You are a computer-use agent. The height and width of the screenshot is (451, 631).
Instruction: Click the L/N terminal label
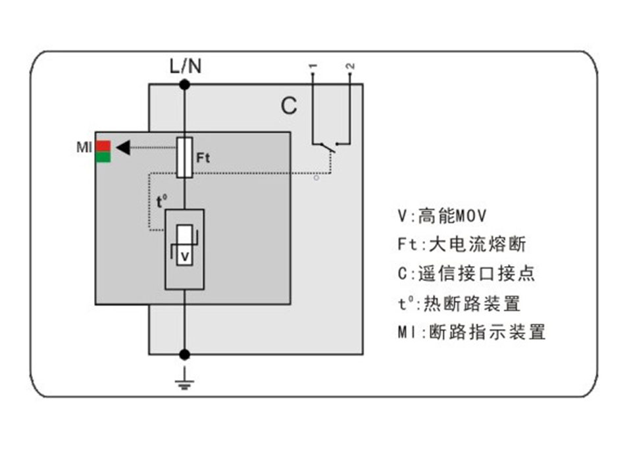pos(186,66)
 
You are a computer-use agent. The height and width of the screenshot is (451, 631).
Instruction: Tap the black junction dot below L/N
pos(185,84)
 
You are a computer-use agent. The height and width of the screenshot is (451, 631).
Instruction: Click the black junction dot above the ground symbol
pos(185,354)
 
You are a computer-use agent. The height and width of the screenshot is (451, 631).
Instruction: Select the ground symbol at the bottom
pos(185,379)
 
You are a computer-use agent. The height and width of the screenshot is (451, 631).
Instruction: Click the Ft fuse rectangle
pos(185,157)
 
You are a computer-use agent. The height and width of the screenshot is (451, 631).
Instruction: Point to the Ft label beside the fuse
pos(203,157)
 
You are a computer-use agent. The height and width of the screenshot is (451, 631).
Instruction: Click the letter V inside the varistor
pos(185,257)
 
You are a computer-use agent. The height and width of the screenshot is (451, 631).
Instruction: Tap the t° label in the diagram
pos(162,201)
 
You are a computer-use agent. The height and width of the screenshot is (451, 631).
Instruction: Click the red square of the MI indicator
pos(103,146)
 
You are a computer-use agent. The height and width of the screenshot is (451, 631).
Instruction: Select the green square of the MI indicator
pos(103,157)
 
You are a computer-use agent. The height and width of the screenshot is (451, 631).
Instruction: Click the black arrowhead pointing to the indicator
pos(123,147)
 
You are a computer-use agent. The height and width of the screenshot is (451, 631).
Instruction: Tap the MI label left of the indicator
pos(84,147)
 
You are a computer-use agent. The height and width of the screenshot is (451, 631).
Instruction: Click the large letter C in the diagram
pos(289,106)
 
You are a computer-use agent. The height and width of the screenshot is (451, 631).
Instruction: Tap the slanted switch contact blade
pos(329,148)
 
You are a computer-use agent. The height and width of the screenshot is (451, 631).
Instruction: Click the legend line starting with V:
pos(442,215)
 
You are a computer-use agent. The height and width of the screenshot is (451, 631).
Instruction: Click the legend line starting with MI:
pos(472,332)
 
